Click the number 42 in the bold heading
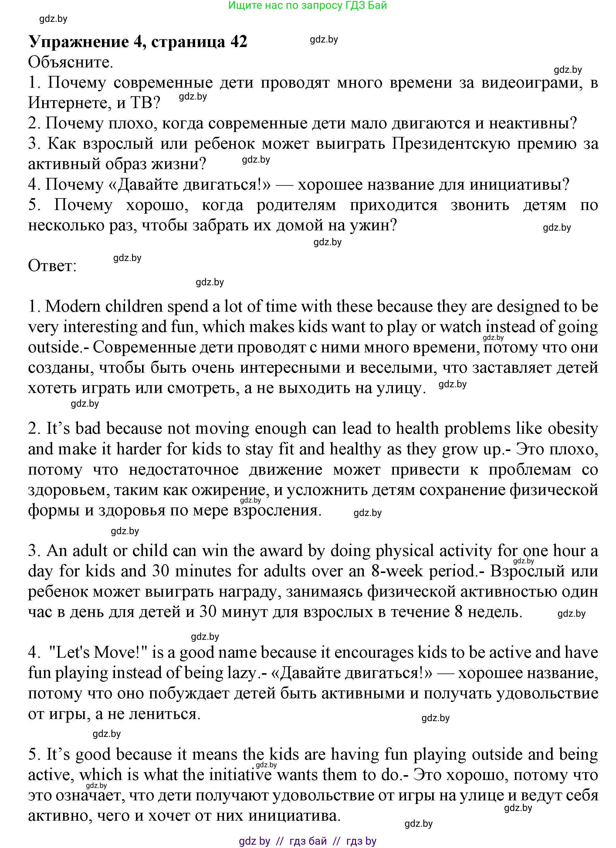click(239, 41)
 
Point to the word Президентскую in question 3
click(450, 144)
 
